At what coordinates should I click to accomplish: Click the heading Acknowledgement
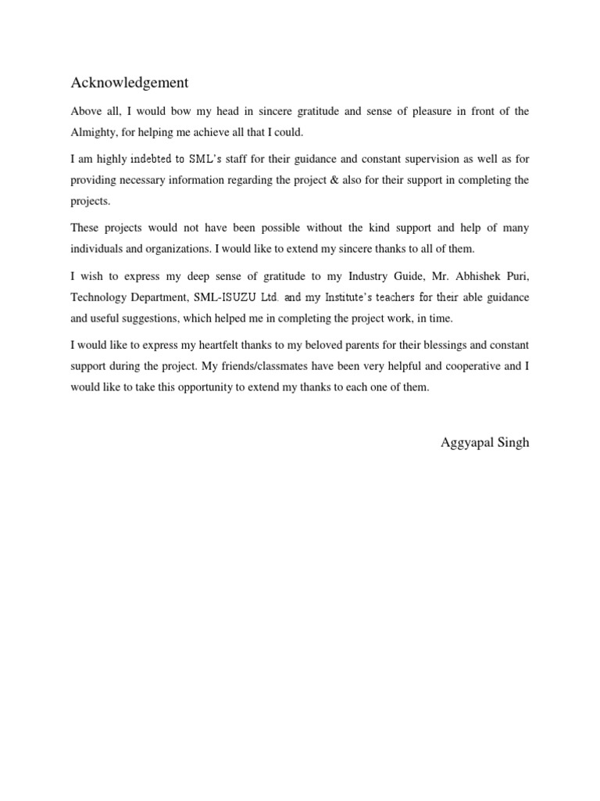(x=130, y=82)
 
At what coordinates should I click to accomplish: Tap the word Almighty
(x=95, y=131)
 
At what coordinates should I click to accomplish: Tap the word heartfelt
(x=243, y=345)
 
